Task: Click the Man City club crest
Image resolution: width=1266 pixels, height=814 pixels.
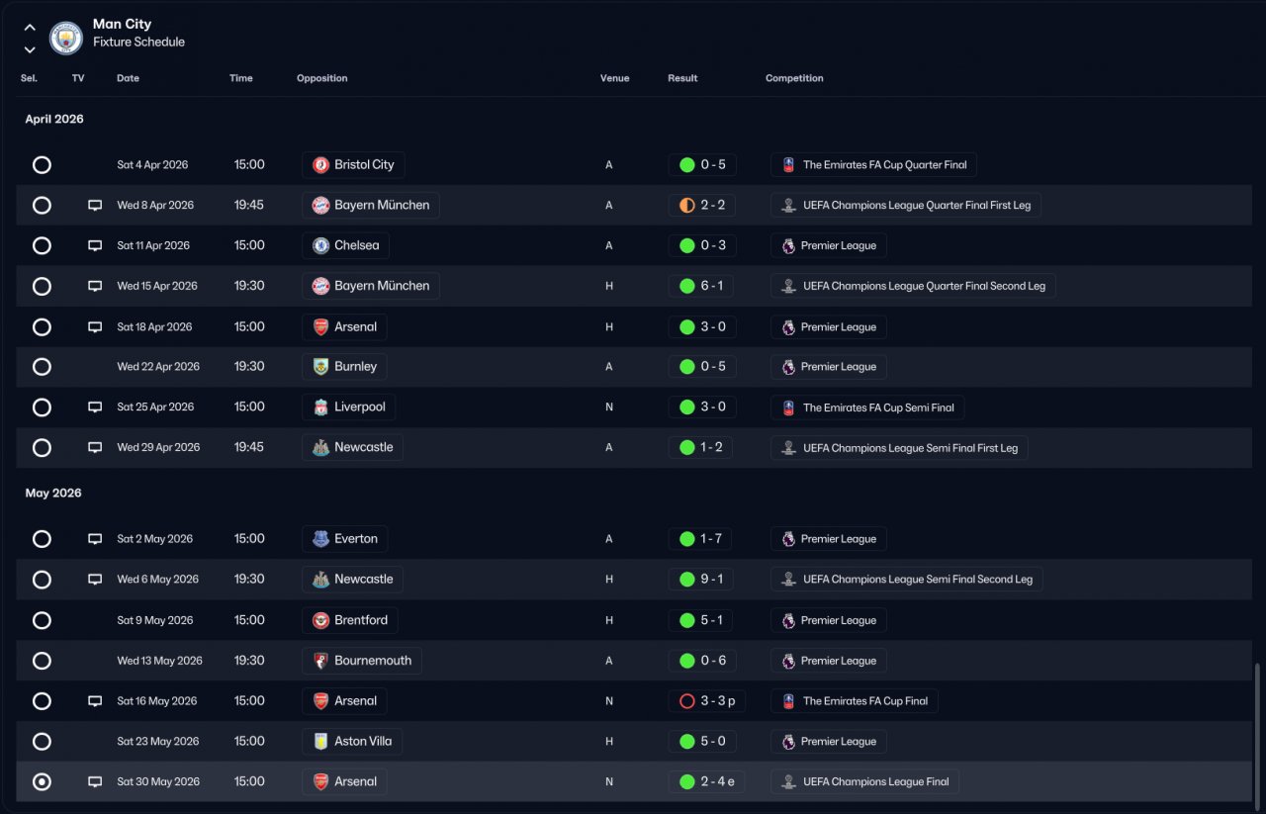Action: tap(65, 38)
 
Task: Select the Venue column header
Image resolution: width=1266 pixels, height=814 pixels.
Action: tap(614, 78)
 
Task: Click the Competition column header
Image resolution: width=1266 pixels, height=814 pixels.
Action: tap(794, 78)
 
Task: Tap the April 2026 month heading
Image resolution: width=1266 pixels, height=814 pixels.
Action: tap(54, 119)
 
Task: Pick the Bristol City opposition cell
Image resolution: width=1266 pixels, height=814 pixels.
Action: tap(353, 164)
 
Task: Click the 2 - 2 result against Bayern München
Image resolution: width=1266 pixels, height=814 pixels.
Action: tap(702, 205)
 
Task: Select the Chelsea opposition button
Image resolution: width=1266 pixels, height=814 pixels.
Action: tap(345, 245)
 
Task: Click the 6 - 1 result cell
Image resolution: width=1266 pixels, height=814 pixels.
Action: tap(701, 286)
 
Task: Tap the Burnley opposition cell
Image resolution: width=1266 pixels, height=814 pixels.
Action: tap(344, 366)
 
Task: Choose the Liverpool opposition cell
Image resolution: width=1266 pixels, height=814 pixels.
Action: tap(349, 407)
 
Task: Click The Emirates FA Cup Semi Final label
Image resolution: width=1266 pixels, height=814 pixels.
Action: tap(867, 407)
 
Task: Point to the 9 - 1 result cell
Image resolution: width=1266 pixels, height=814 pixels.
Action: tap(701, 580)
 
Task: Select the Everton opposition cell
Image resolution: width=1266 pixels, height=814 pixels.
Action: tap(345, 539)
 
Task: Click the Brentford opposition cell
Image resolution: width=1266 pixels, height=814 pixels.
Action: tap(350, 620)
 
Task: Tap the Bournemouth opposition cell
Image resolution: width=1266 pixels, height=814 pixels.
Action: tap(362, 661)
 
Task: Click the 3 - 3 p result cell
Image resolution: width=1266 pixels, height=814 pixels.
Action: tap(706, 701)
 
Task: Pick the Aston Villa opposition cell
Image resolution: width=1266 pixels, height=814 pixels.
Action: tap(352, 741)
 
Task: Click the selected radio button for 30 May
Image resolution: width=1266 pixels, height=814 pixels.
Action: tap(42, 781)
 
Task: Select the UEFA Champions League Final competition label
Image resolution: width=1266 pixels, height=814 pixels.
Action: tap(864, 781)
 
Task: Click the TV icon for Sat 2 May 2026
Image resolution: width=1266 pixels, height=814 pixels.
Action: tap(95, 539)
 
